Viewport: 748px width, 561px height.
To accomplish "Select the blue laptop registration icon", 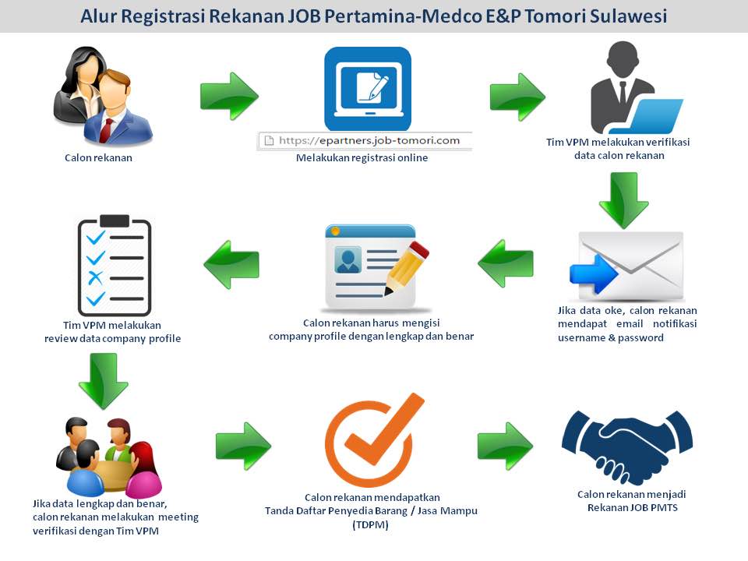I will (368, 89).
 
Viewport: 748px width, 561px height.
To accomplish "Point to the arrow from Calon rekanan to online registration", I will (228, 97).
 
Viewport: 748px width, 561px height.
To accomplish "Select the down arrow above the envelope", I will (623, 199).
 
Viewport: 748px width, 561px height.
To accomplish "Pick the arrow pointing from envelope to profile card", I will (506, 263).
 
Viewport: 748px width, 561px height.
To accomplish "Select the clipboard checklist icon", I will (114, 264).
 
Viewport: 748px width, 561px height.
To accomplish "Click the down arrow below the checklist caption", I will (103, 381).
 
